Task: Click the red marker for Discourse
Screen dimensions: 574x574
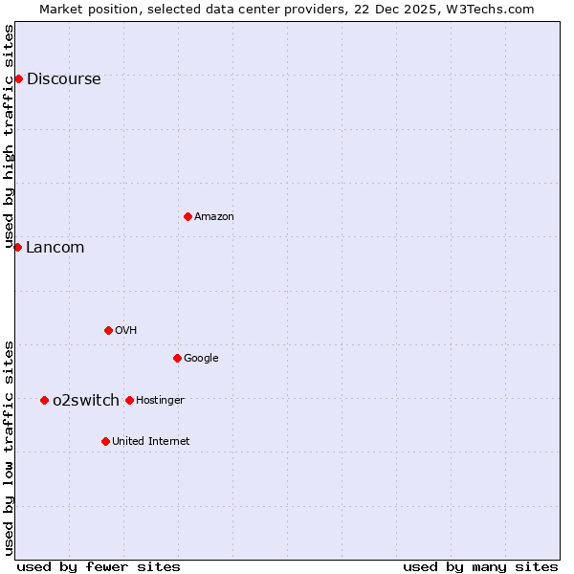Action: [x=18, y=78]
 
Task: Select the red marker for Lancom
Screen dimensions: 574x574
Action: [x=17, y=247]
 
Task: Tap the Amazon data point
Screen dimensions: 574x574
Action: [x=188, y=216]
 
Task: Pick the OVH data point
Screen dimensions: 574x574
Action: [x=108, y=330]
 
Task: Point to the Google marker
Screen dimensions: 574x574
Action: [x=177, y=358]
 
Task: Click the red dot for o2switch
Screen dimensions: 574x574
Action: [x=44, y=400]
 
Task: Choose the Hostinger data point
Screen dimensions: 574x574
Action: [x=129, y=400]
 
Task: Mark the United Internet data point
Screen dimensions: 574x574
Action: [x=105, y=441]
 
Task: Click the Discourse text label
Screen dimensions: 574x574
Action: [x=63, y=79]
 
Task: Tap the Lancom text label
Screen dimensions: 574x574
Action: [x=55, y=248]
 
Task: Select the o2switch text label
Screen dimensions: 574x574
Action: [x=86, y=400]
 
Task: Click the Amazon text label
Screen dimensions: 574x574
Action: [x=214, y=217]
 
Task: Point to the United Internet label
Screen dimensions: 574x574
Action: [x=151, y=442]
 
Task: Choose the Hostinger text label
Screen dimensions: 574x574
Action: [x=161, y=400]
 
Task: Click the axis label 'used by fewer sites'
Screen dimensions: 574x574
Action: [x=99, y=566]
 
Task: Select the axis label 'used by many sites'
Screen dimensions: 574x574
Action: [x=480, y=566]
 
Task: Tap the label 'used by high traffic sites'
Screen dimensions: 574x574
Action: [x=10, y=136]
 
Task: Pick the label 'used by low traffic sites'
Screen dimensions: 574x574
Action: [x=10, y=447]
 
